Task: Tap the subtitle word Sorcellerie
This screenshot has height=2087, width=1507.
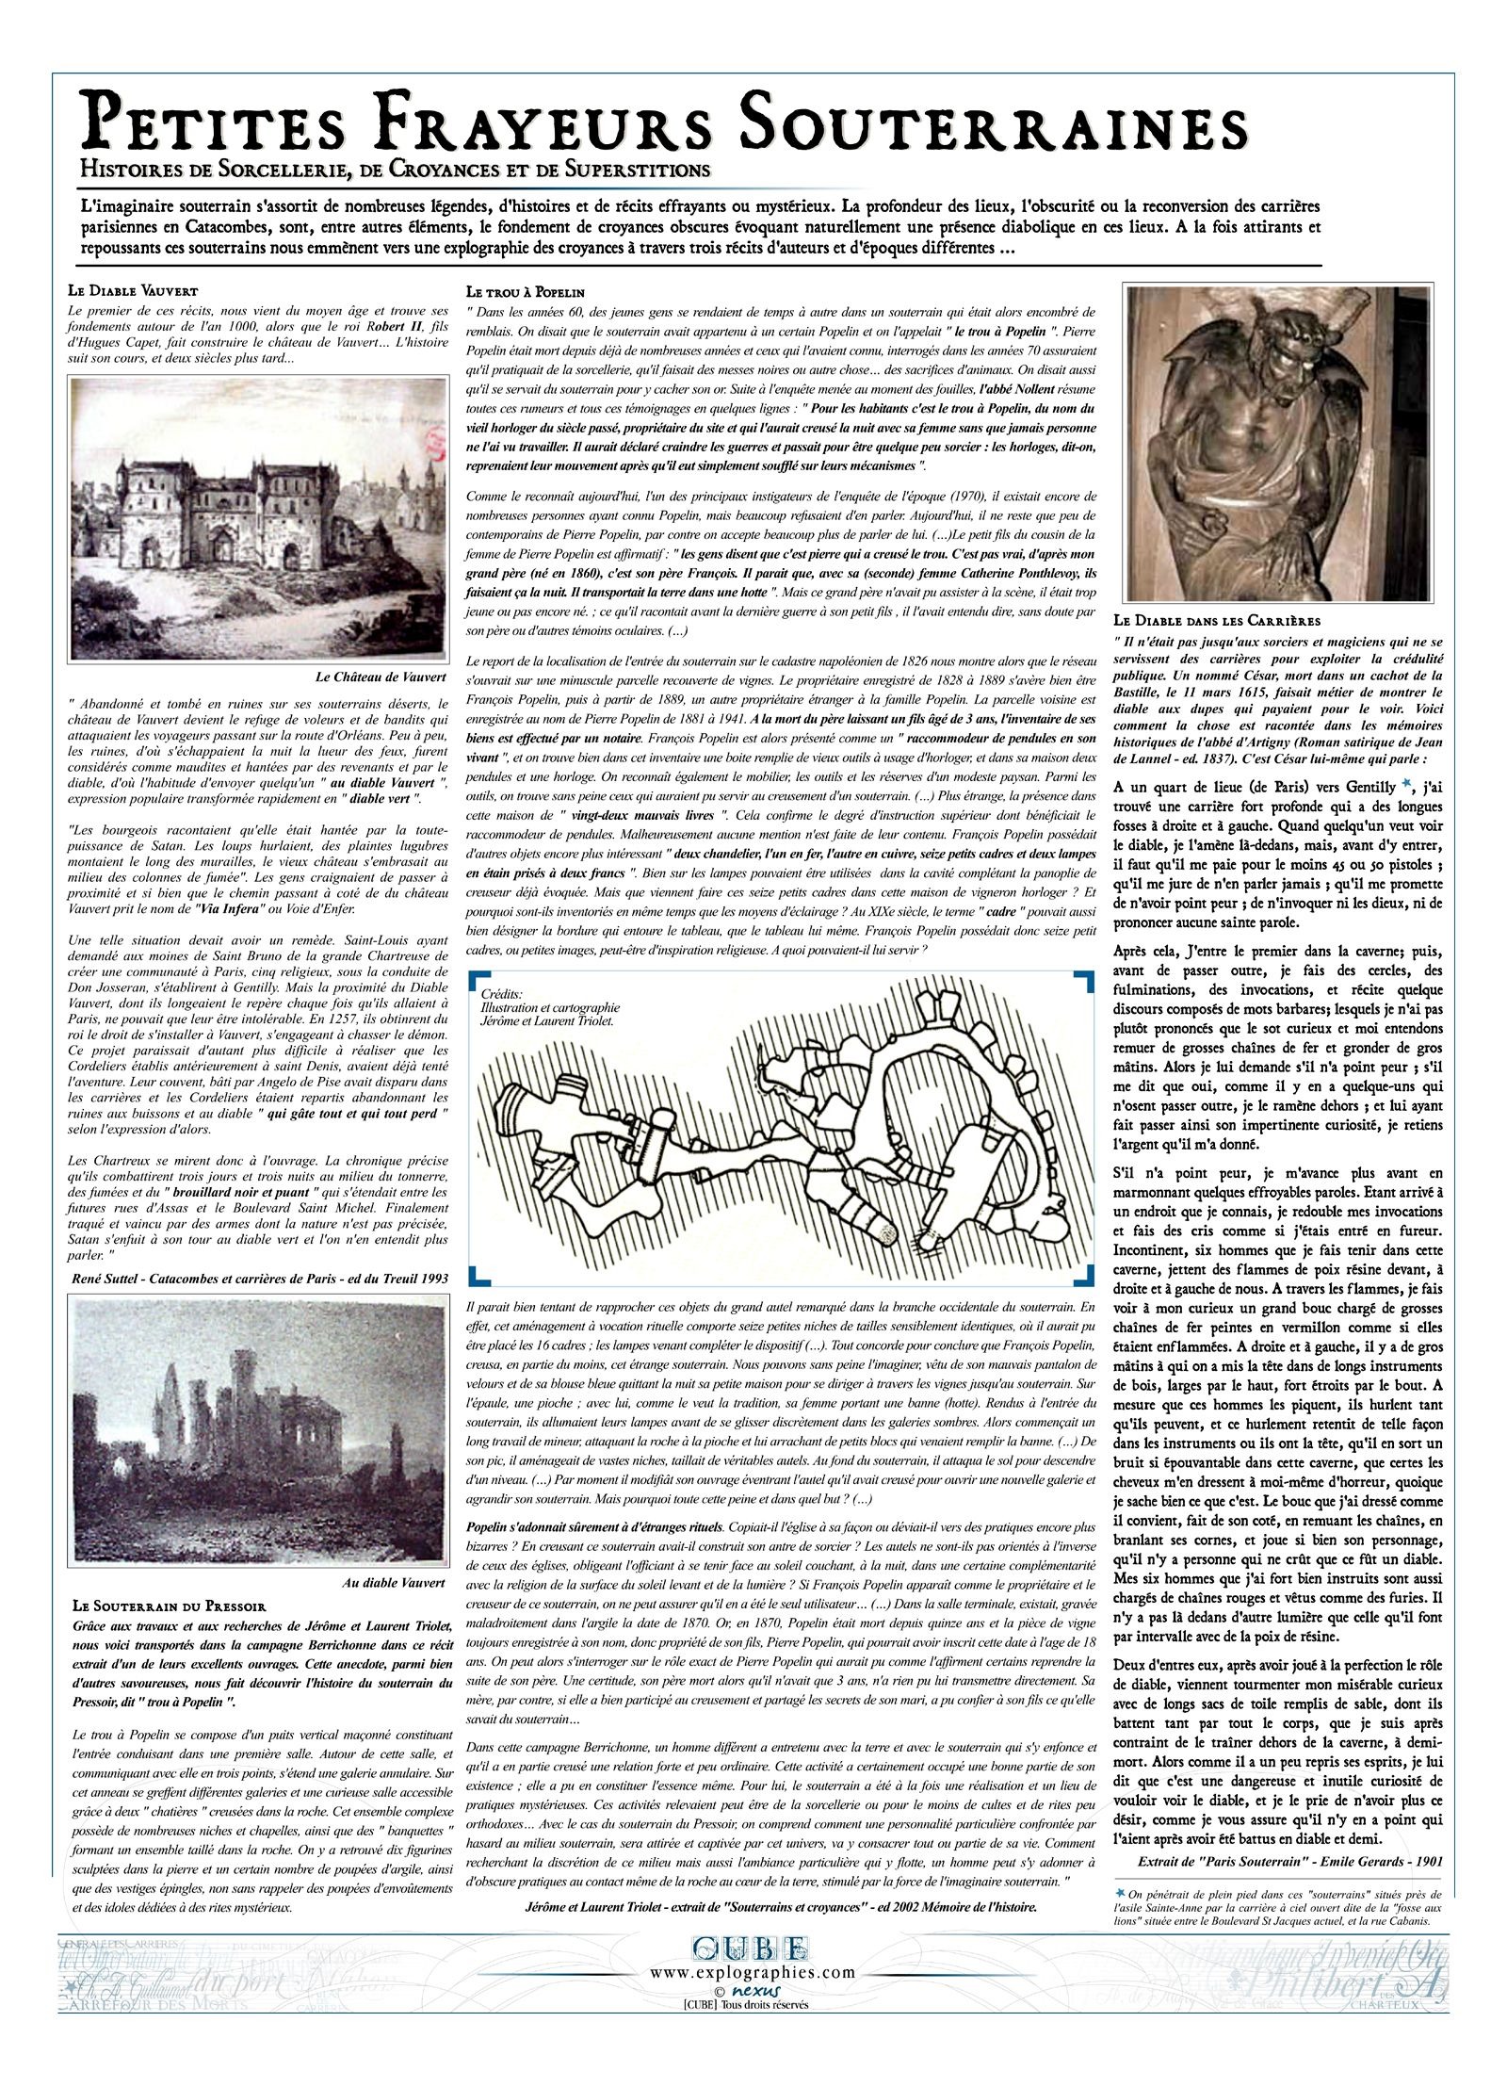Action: pyautogui.click(x=251, y=171)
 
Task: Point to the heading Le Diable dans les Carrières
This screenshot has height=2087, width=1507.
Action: pyautogui.click(x=1216, y=620)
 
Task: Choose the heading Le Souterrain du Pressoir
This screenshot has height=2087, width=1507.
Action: pyautogui.click(x=170, y=1605)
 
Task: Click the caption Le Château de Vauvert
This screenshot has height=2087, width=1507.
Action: pyautogui.click(x=381, y=677)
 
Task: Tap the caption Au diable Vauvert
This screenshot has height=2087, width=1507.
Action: pyautogui.click(x=393, y=1582)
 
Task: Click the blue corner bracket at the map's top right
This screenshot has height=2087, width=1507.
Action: pyautogui.click(x=1084, y=981)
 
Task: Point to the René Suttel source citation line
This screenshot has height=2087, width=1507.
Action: pyautogui.click(x=259, y=1278)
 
